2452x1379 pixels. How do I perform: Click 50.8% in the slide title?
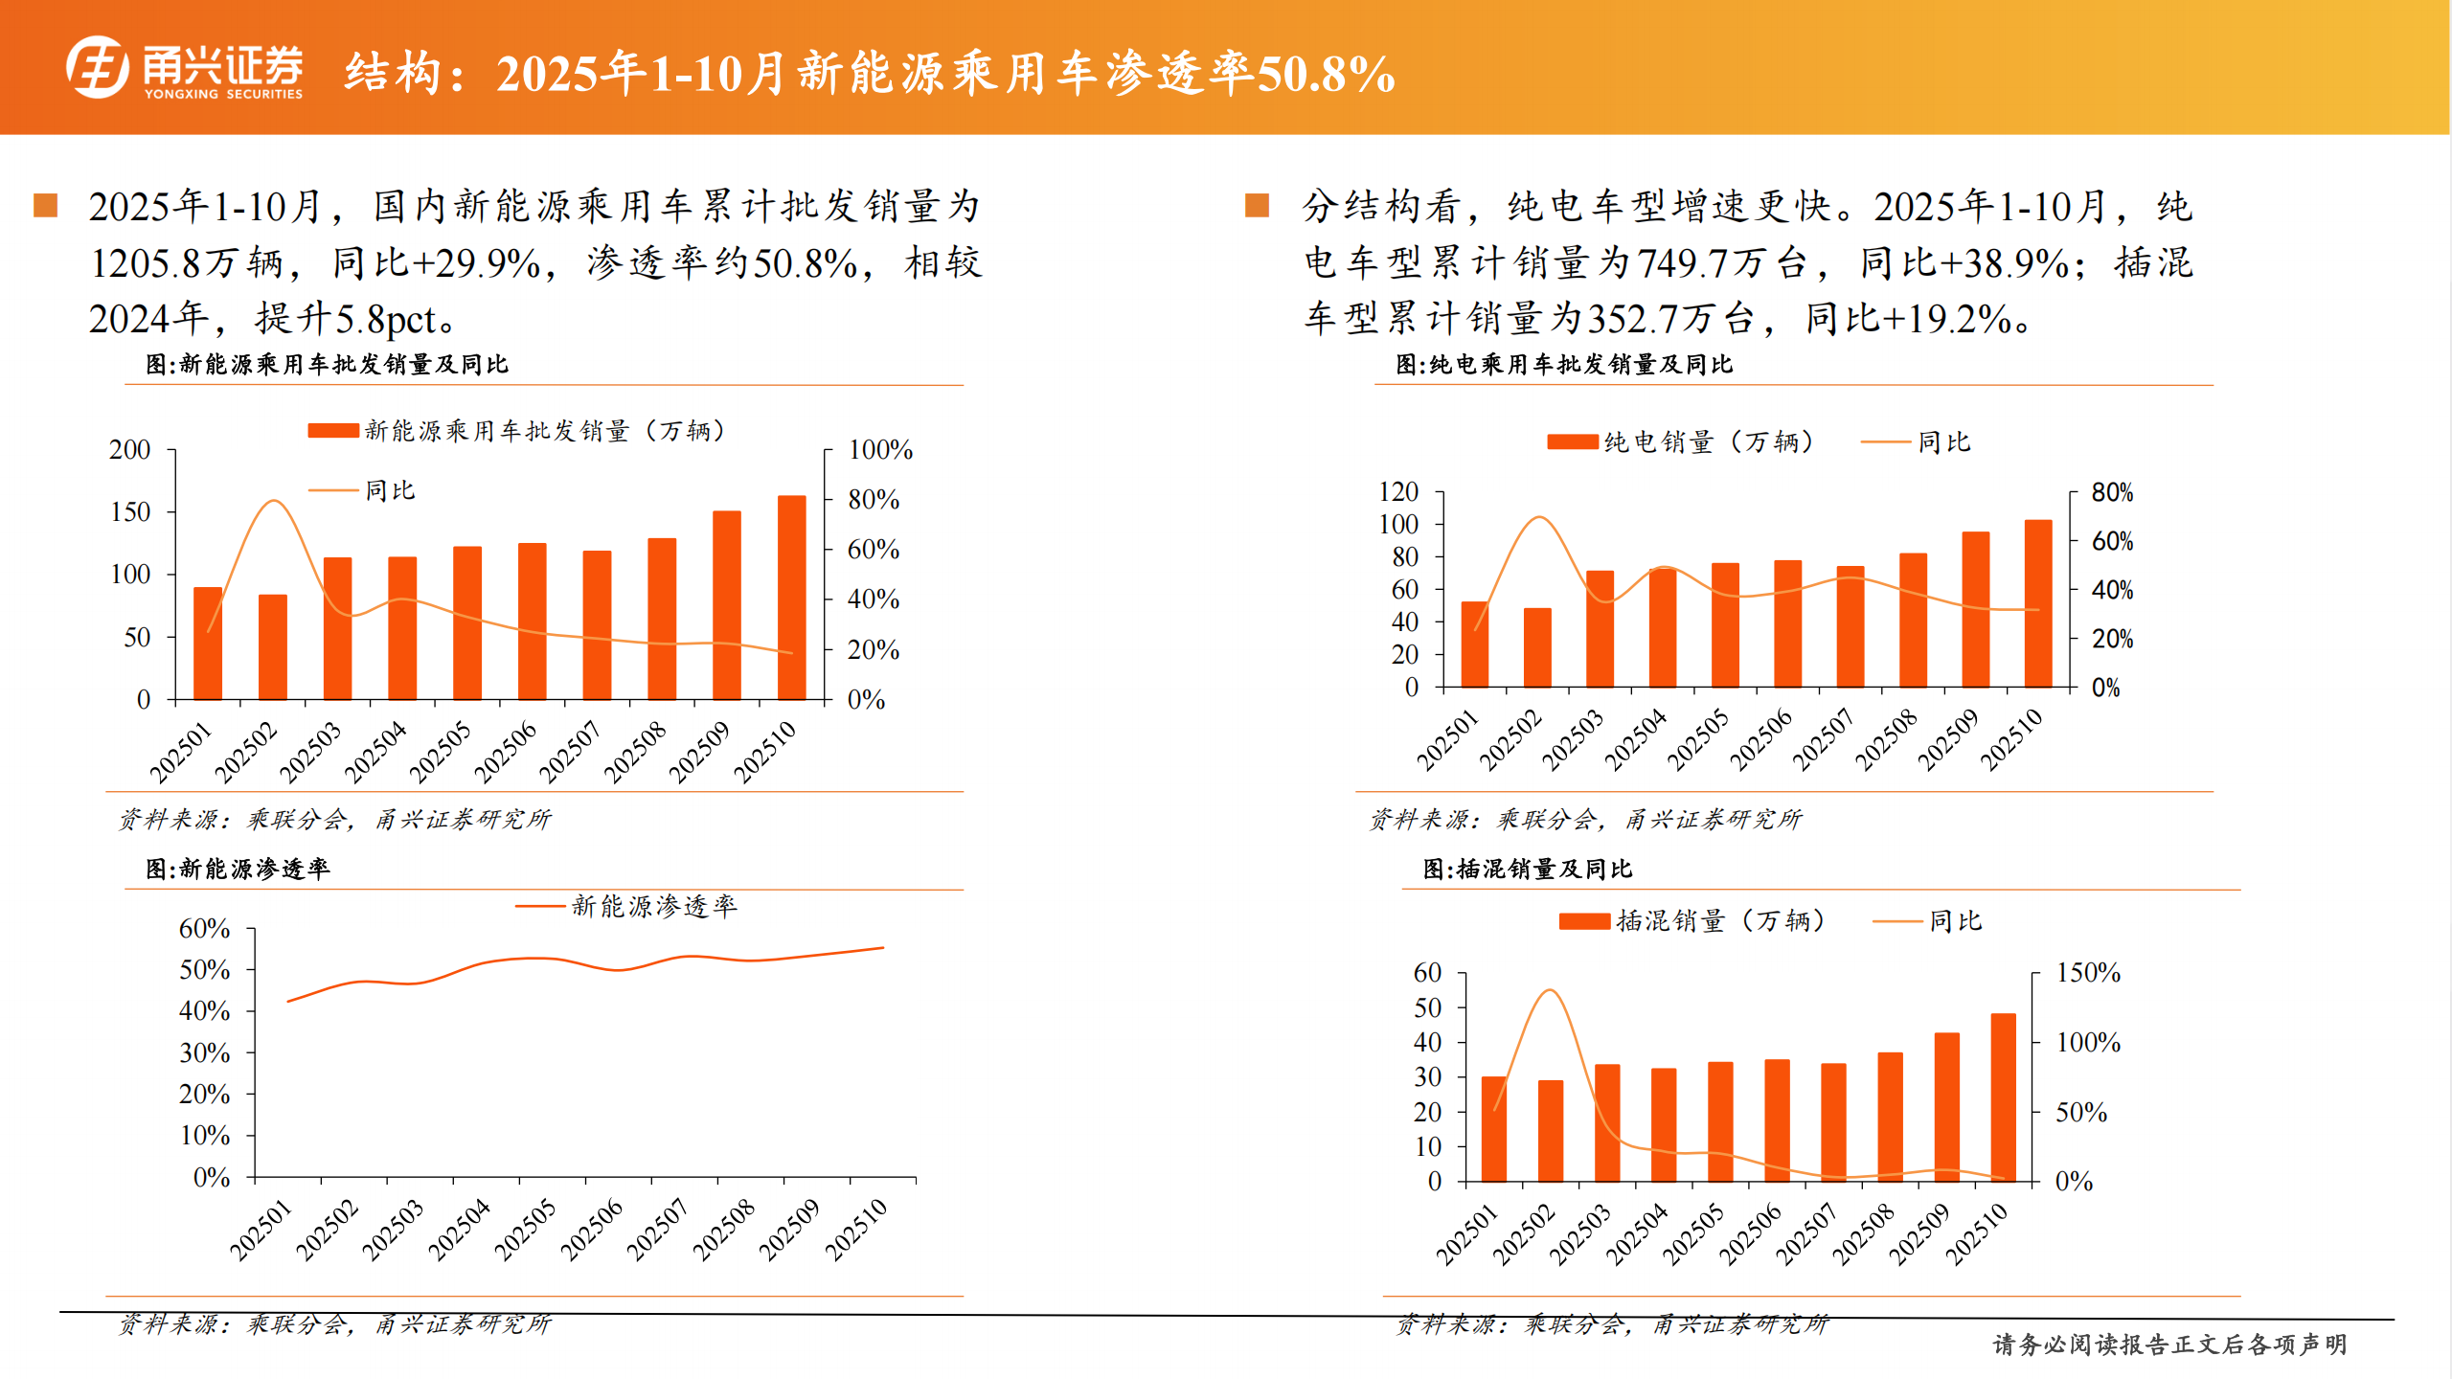click(x=1326, y=75)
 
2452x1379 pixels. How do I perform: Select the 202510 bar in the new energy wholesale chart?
click(x=791, y=598)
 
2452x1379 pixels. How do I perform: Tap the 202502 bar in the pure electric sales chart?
click(x=1537, y=647)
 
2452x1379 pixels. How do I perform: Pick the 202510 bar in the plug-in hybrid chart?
click(x=2003, y=1097)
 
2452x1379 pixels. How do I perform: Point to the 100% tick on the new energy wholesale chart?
click(x=879, y=450)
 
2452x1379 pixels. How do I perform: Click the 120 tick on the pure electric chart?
click(x=1397, y=492)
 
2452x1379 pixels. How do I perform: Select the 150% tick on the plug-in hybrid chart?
click(x=2088, y=973)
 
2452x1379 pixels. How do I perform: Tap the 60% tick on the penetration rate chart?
click(x=204, y=929)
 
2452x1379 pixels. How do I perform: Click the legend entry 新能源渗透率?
click(x=653, y=906)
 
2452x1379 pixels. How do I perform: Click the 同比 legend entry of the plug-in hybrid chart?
click(x=1954, y=921)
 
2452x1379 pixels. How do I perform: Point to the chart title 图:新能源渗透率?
click(x=238, y=869)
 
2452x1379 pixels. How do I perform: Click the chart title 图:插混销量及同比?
click(x=1527, y=869)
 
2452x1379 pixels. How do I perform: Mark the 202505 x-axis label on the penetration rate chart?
click(x=524, y=1229)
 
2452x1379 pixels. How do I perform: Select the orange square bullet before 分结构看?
click(x=1257, y=206)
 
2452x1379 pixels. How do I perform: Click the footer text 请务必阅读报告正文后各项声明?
click(x=2169, y=1345)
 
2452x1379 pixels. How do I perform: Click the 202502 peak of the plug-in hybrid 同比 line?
click(x=1550, y=990)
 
